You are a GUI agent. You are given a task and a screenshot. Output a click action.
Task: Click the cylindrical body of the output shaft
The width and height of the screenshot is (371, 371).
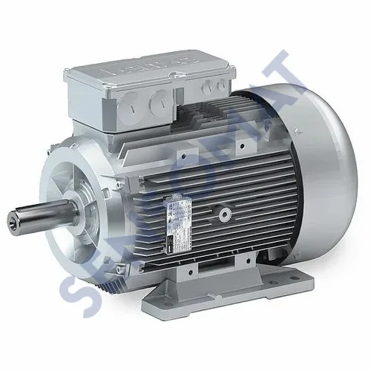[41, 215]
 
